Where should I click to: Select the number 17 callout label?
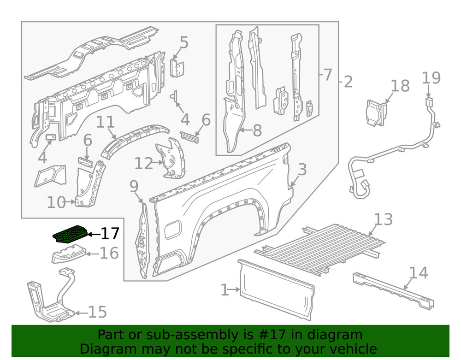point(110,234)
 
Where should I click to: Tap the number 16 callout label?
point(109,253)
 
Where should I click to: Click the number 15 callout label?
point(97,313)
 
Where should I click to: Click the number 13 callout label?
point(383,219)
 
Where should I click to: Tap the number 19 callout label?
point(431,78)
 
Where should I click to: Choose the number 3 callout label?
point(302,170)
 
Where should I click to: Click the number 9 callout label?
point(134,186)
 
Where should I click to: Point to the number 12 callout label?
point(143,163)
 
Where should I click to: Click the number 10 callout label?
point(57,202)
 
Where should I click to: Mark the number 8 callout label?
point(257,130)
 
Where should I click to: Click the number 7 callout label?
point(327,74)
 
